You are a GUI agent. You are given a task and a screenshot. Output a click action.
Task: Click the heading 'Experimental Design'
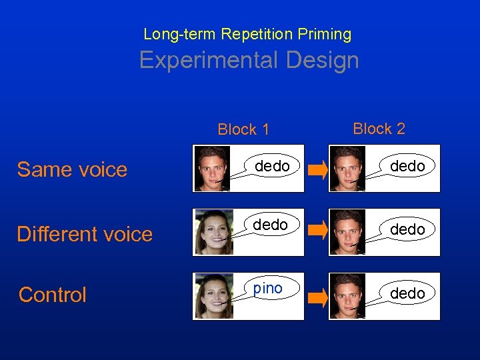[249, 61]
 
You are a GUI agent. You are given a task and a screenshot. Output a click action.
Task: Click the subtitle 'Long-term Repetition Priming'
[247, 34]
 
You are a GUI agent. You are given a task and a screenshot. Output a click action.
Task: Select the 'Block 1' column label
[243, 130]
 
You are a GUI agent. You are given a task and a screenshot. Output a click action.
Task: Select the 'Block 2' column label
[379, 129]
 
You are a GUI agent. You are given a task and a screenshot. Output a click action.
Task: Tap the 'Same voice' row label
[72, 169]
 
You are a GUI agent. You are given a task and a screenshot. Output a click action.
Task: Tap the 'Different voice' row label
[85, 234]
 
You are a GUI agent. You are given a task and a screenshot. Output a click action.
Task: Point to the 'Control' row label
[53, 295]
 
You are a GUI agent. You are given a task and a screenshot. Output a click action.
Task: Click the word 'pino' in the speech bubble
[268, 288]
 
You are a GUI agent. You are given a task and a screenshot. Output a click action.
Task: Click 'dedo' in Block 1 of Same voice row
[272, 166]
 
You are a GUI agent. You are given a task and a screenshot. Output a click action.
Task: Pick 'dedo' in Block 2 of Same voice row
[407, 166]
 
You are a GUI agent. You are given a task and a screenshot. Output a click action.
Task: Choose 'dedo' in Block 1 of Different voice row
[271, 225]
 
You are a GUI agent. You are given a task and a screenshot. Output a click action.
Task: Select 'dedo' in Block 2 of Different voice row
[407, 229]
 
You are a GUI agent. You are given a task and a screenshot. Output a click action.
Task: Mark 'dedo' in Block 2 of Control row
[407, 293]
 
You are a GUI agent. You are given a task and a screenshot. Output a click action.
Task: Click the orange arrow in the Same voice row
[318, 171]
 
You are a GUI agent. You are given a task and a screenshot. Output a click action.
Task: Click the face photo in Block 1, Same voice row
[212, 169]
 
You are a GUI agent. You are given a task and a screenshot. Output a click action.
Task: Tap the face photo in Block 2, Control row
[347, 296]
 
